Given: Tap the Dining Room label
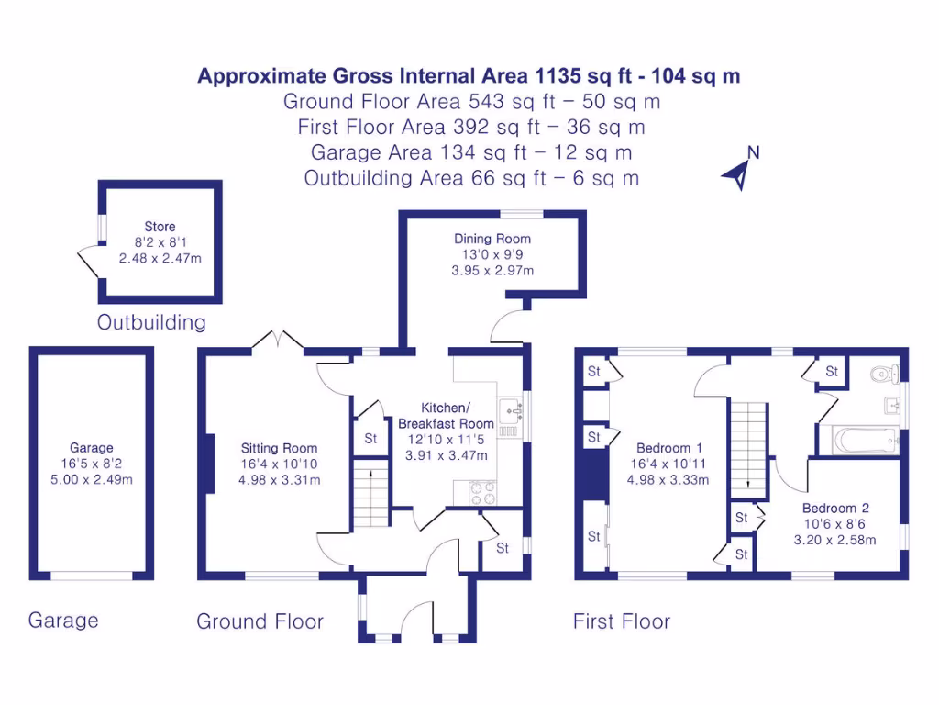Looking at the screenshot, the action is click(492, 239).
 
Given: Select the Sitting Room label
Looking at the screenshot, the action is click(279, 448).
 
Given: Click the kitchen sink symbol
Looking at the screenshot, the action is click(511, 410).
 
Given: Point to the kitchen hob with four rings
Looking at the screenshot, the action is click(482, 492).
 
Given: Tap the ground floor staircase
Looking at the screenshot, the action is click(371, 493).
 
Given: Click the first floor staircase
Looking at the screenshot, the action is click(748, 450).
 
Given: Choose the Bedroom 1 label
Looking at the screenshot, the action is click(668, 448).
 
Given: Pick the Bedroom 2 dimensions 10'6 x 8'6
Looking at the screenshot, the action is click(834, 524).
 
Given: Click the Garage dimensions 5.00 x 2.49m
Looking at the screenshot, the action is click(92, 479).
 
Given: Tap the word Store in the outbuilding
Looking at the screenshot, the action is click(160, 227).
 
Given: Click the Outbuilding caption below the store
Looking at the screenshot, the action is click(151, 322).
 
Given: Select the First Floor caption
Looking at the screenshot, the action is click(622, 621).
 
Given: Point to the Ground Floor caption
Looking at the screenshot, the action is click(260, 621).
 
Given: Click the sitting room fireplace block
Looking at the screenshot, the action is click(210, 463).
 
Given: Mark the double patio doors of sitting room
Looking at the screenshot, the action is click(277, 340).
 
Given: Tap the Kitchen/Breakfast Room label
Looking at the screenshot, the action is click(447, 416).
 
